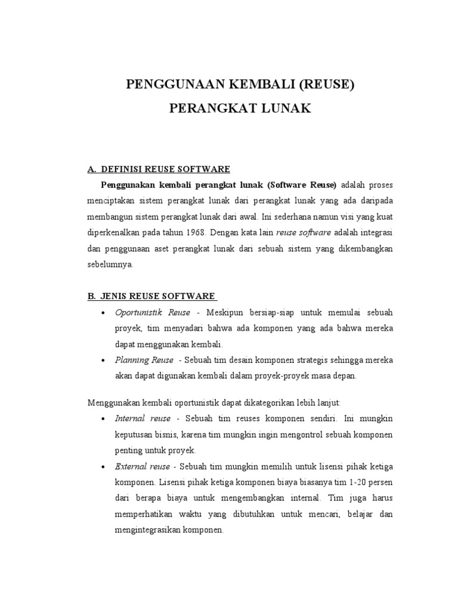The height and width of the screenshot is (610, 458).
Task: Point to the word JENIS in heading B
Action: tap(123, 295)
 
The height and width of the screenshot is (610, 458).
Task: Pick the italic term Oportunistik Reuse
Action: tap(153, 313)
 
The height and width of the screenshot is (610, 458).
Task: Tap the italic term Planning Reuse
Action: tap(144, 360)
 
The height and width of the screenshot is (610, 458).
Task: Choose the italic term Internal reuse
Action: tap(143, 418)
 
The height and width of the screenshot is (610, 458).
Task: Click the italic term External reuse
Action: tap(144, 465)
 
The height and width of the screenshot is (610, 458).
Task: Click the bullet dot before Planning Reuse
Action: tap(104, 361)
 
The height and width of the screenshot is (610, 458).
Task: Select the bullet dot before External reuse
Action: tap(104, 466)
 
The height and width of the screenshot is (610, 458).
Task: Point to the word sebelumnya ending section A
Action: tap(110, 264)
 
